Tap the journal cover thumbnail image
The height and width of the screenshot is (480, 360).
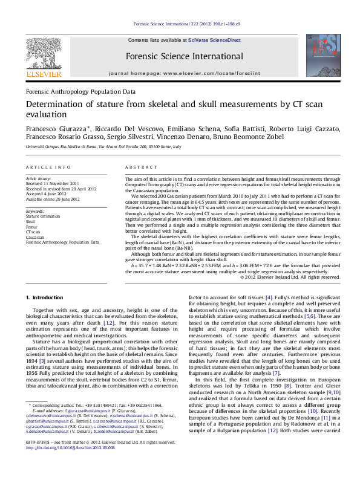click(318, 55)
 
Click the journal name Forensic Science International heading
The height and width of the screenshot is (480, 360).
click(185, 57)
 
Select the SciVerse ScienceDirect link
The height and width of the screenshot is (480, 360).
click(214, 40)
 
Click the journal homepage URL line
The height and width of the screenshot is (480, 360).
click(185, 73)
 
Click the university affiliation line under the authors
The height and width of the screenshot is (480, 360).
click(103, 147)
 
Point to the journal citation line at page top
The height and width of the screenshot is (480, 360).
click(186, 24)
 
